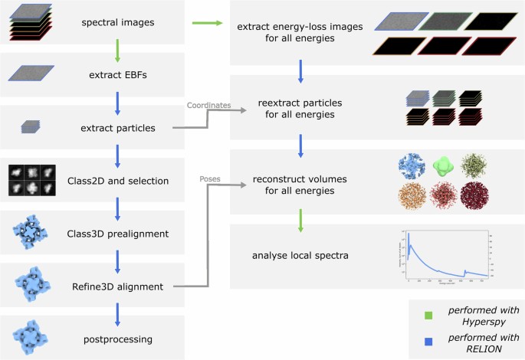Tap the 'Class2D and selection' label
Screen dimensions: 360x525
coord(116,181)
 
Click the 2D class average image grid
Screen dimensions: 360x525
coord(30,180)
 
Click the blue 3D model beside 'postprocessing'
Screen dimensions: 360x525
coord(30,338)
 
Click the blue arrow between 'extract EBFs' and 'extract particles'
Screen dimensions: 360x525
coord(116,101)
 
